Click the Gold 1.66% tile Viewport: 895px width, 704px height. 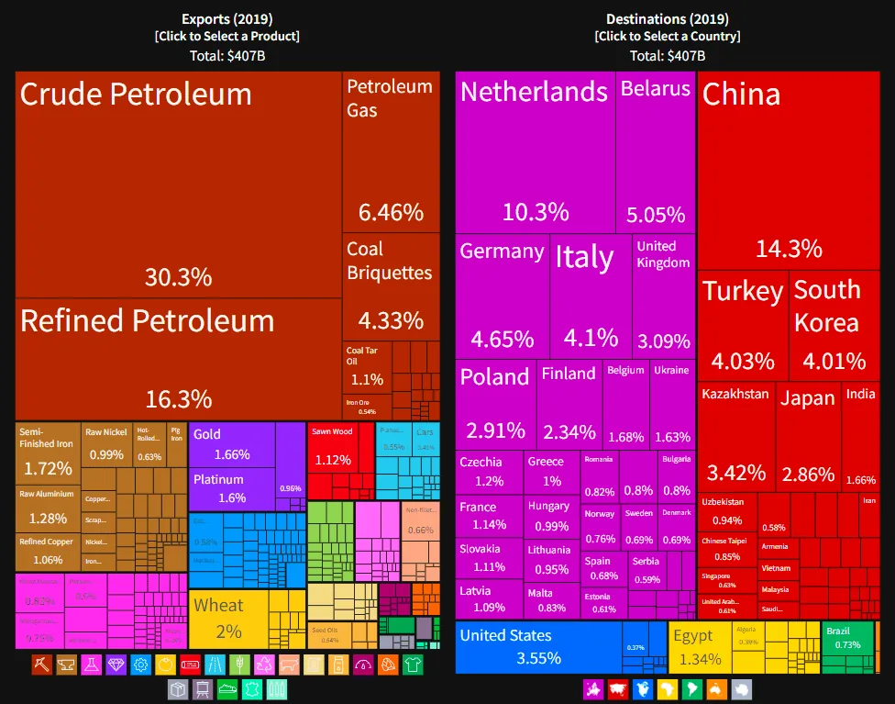[x=232, y=444]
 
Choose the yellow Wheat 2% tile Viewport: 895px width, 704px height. [x=229, y=618]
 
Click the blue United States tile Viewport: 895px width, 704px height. [x=538, y=646]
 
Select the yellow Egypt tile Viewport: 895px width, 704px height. [x=701, y=646]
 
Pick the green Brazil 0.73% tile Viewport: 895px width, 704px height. [x=847, y=639]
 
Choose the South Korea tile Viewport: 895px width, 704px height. [x=833, y=325]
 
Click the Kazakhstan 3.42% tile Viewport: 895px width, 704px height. [x=735, y=436]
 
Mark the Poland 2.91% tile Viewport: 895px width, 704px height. [x=495, y=404]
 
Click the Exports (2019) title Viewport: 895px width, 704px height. [x=227, y=19]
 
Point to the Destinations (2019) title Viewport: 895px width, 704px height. [x=667, y=19]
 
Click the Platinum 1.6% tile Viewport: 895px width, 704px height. [x=232, y=489]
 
